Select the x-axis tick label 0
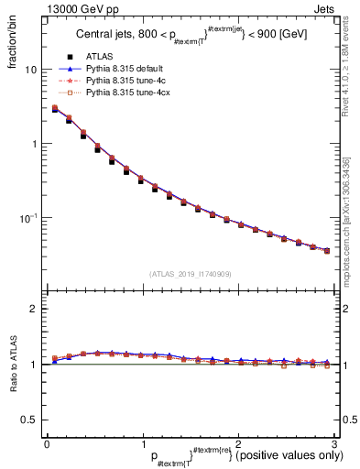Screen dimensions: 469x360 (x=47, y=443)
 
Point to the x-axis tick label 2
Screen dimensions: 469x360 (x=238, y=443)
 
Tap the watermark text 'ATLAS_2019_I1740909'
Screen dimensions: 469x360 (x=190, y=273)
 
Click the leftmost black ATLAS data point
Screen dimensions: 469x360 (x=54, y=110)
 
